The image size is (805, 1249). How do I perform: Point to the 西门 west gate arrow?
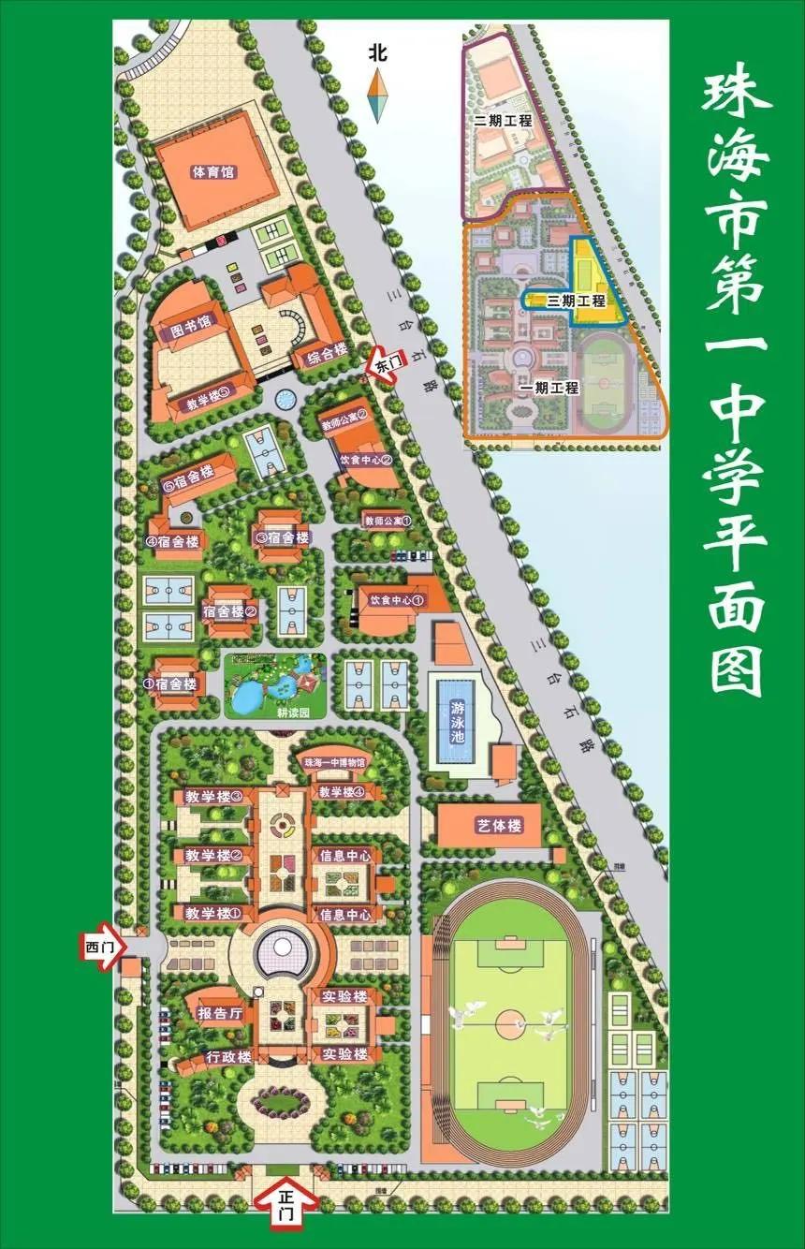100,947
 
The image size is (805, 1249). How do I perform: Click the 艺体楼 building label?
499,826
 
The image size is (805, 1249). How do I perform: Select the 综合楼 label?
321,352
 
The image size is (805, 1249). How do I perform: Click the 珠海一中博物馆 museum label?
334,763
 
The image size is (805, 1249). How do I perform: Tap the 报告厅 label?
220,1013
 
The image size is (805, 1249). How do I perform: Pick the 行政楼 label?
229,1057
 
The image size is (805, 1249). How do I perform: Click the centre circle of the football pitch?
510,1020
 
